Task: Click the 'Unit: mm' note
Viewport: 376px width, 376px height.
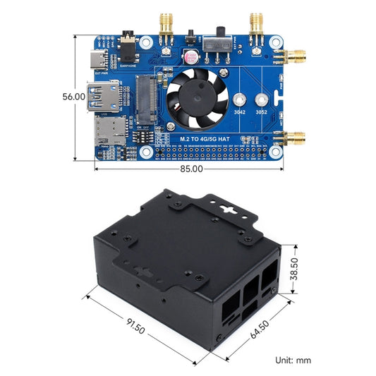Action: [293, 360]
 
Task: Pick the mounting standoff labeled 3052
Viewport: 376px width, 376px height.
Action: [262, 101]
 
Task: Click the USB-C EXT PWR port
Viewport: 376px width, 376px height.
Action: [99, 60]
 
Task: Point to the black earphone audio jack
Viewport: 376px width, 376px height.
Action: [129, 44]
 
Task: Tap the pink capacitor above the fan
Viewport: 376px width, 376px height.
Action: [191, 56]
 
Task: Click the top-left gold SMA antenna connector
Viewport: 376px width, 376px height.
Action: [166, 24]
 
